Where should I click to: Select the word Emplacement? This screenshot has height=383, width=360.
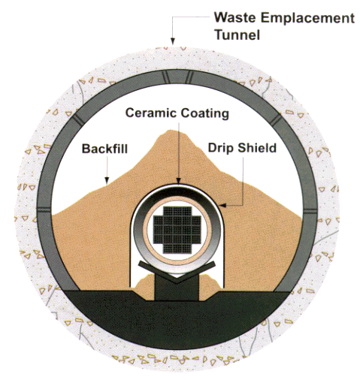coord(308,19)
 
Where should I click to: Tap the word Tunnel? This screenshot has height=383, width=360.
coord(237,35)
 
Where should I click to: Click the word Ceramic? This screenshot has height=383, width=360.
coord(151,113)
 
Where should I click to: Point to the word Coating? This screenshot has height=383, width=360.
coord(205,113)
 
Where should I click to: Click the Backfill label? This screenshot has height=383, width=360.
coord(104,149)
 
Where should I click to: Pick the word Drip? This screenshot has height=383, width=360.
coord(222,149)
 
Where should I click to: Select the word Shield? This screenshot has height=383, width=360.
coord(257,148)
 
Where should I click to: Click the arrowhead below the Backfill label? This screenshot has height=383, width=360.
coord(107,180)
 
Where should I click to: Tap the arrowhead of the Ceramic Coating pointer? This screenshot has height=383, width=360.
coord(178,181)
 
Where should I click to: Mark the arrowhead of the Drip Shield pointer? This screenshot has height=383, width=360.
coord(222,206)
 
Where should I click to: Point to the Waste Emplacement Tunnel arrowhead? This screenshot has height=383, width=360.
coord(172,41)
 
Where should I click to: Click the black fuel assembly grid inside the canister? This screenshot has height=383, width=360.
coord(177,230)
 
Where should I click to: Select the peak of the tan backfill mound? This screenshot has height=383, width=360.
coord(172,131)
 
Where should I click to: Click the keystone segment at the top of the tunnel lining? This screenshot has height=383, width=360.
coord(177,77)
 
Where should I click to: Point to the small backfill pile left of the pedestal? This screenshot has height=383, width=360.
coord(145,288)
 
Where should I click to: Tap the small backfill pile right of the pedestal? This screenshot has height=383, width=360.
coord(210,288)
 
